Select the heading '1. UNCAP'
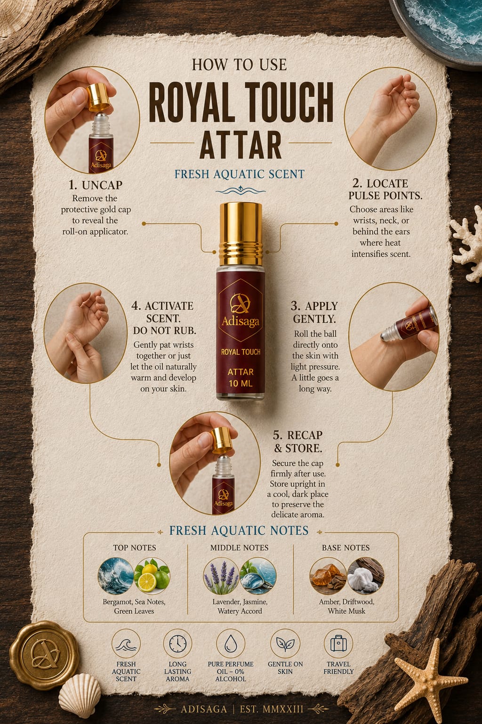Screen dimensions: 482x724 pos(96,185)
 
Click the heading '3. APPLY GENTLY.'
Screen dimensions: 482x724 pos(314,312)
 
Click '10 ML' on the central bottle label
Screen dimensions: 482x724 pos(241,384)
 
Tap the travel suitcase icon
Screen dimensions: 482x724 pos(338,643)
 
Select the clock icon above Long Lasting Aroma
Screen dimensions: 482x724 pos(177,643)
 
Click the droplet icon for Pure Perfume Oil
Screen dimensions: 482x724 pos(231,643)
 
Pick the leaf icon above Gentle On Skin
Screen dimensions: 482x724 pos(285,643)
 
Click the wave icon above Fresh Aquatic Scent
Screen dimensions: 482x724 pos(126,643)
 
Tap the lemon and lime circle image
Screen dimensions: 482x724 pos(152,576)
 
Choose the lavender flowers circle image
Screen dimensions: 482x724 pos(221,576)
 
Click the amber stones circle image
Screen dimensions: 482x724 pos(328,576)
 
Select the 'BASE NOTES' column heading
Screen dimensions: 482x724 pos(346,548)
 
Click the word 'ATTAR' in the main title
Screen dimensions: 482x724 pos(241,145)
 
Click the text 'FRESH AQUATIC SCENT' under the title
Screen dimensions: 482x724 pos(240,174)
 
